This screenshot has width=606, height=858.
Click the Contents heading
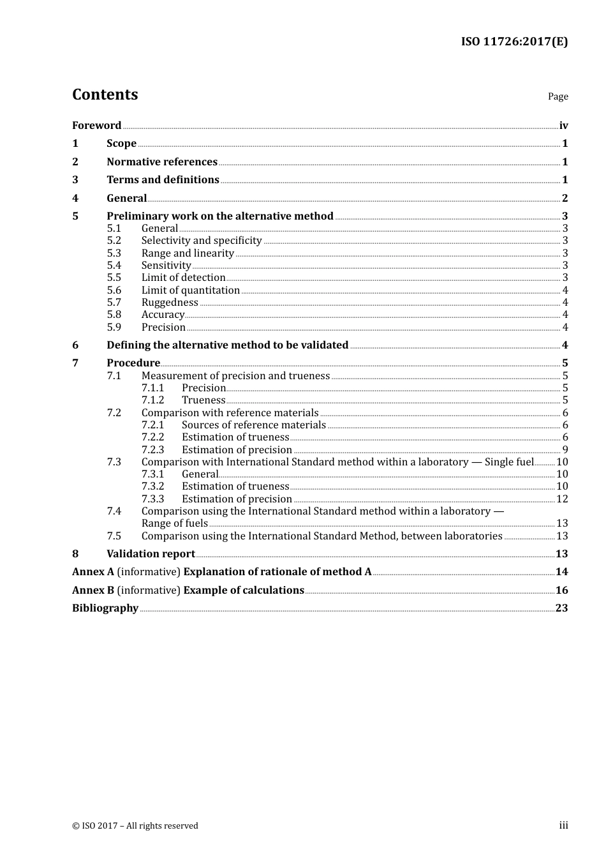(105, 94)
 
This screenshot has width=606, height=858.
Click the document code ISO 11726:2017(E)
(514, 41)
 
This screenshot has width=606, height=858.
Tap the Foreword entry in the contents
(96, 126)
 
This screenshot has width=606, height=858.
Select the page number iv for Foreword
(563, 126)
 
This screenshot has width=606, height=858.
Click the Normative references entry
(162, 162)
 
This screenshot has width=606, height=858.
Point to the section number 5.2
(114, 241)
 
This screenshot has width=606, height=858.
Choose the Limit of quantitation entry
(190, 290)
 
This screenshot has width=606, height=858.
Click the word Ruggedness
(170, 303)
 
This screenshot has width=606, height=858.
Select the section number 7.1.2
(152, 400)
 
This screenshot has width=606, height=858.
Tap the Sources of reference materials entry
(253, 425)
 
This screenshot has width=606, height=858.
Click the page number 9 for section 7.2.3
(565, 450)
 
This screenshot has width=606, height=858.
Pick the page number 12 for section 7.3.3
(562, 499)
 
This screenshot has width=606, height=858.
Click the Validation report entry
(151, 554)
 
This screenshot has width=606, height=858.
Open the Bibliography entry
(105, 608)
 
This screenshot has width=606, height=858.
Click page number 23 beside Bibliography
(561, 608)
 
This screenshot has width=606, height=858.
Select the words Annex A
(93, 572)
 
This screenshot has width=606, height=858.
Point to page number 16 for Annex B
(561, 591)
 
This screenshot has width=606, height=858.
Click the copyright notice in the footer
(135, 826)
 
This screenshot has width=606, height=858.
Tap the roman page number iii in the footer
(563, 825)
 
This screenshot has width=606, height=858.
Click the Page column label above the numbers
(558, 96)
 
